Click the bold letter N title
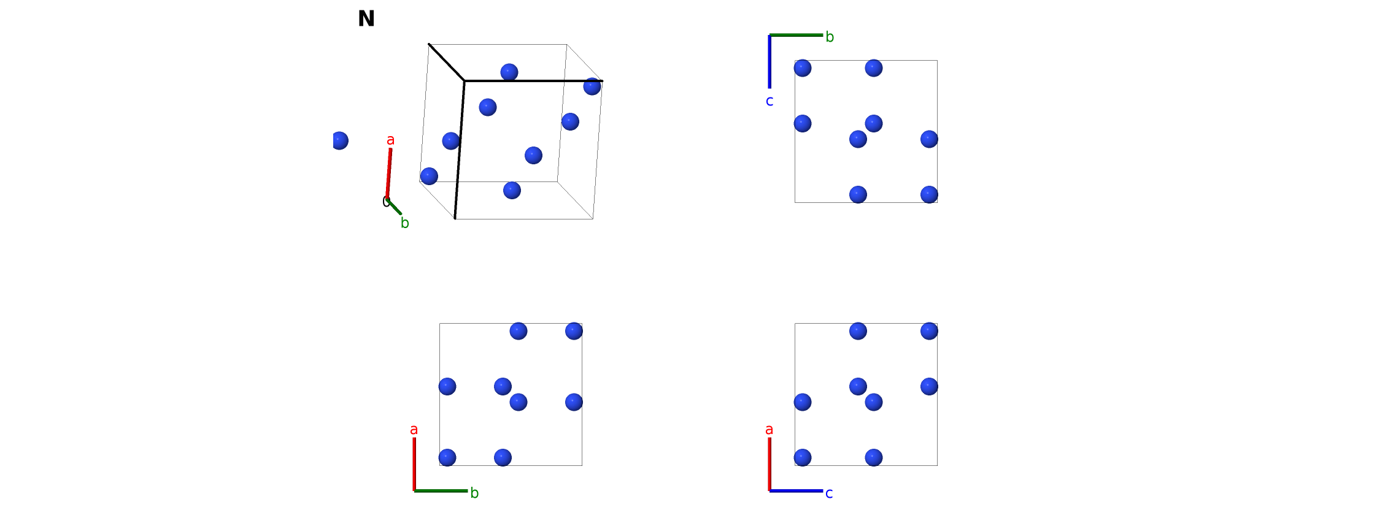tap(366, 19)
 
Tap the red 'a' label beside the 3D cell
tap(391, 140)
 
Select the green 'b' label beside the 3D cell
tap(405, 223)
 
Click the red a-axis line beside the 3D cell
tap(389, 173)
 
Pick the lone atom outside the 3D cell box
tap(340, 140)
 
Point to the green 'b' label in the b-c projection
tap(830, 37)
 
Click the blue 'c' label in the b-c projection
tap(769, 101)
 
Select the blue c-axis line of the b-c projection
tap(769, 61)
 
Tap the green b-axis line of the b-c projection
tap(796, 35)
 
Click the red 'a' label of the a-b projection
tap(414, 430)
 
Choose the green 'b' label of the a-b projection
tap(474, 493)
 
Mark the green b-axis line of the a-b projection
tap(441, 490)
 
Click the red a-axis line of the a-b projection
tap(414, 464)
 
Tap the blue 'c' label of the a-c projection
tap(829, 494)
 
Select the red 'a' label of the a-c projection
tap(769, 430)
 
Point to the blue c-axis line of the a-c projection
tap(796, 490)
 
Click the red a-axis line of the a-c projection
tap(769, 464)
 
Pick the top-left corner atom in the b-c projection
tap(803, 68)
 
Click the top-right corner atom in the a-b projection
tap(574, 331)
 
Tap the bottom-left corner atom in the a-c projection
tap(803, 457)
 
